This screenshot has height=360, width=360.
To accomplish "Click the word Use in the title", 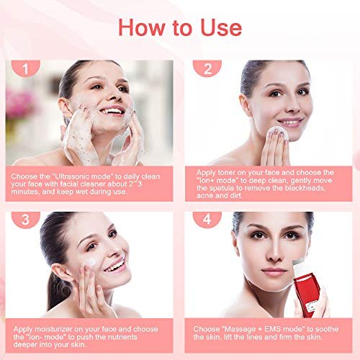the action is tap(221, 27).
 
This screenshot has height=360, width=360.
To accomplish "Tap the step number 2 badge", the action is tap(207, 68).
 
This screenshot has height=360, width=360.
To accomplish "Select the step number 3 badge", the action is tap(26, 220).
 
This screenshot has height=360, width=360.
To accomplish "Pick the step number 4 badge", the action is tap(207, 219).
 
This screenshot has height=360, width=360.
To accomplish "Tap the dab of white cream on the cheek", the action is tap(91, 262).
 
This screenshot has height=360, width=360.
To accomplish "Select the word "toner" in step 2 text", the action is tap(229, 173).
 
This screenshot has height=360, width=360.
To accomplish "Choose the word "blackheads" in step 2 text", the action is tap(305, 188).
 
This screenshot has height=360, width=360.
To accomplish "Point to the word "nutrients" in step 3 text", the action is tap(122, 337).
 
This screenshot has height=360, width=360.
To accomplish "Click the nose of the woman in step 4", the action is tap(274, 253).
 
